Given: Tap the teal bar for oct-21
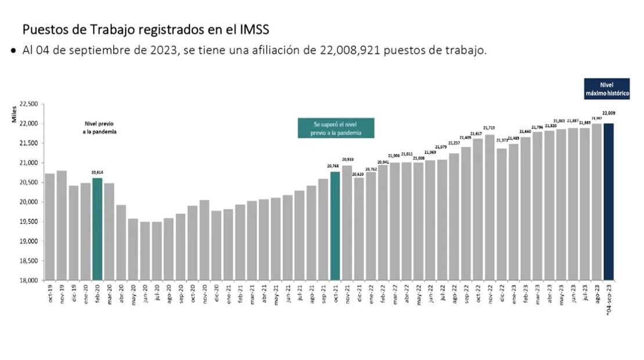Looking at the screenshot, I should click(x=335, y=226).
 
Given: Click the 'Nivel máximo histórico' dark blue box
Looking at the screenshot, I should click(x=606, y=89).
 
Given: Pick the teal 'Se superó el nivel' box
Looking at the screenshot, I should click(x=336, y=128).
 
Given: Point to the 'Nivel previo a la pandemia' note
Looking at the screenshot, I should click(x=99, y=128).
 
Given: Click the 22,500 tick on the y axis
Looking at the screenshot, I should click(x=28, y=104).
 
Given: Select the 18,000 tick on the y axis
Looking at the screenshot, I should click(x=28, y=280).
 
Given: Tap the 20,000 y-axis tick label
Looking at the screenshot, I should click(x=28, y=202).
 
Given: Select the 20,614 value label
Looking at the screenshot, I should click(x=98, y=172).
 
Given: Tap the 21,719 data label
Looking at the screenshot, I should click(x=490, y=128).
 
